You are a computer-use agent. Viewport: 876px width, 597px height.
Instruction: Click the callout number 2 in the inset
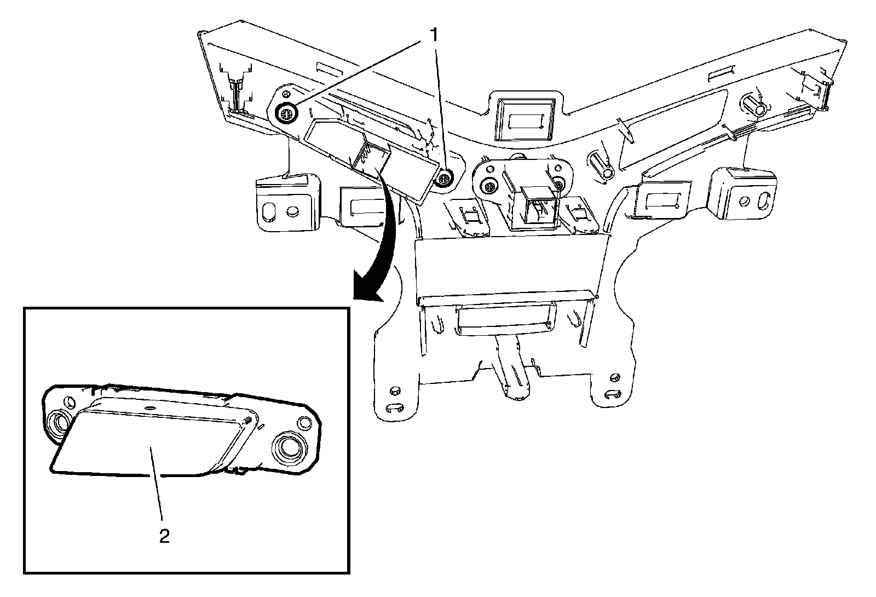point(164,535)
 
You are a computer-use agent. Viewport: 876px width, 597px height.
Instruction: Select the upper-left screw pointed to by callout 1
point(286,114)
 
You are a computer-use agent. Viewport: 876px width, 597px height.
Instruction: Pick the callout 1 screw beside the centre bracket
point(445,177)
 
